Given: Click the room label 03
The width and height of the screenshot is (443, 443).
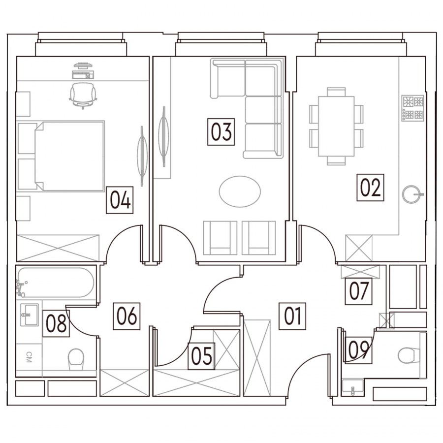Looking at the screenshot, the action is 221,132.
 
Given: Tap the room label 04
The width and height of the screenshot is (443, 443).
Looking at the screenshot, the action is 120,200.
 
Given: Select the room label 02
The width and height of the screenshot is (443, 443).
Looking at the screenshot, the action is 370,188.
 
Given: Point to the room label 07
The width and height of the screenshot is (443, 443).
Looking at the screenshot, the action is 358,291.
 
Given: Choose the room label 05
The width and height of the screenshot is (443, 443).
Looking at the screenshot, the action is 201,356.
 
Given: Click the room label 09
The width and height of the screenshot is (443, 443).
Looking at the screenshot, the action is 358,350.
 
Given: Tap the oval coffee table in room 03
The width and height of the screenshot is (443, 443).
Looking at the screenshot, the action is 240,192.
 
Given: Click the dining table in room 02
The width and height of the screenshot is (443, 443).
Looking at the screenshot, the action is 336,127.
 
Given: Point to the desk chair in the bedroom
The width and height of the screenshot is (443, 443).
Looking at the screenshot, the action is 83,95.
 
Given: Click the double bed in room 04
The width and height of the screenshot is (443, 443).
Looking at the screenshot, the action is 69,156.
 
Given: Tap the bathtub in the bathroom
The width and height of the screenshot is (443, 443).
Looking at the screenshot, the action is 55,283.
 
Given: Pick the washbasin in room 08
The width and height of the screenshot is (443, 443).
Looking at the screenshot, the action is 30,315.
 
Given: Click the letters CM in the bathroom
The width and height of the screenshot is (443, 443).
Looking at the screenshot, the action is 29,357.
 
